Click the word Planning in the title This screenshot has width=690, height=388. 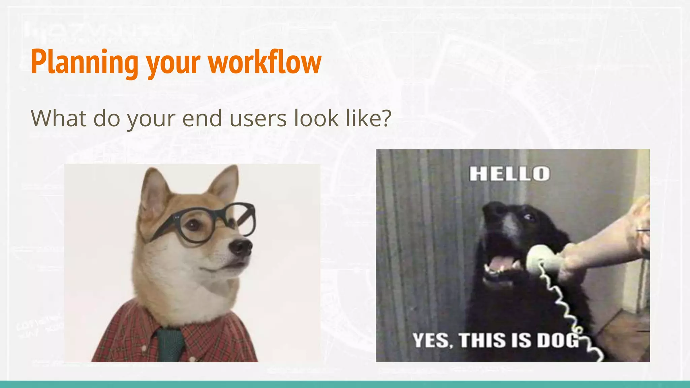[85, 62]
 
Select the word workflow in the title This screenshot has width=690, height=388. [265, 62]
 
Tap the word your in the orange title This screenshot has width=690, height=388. [173, 64]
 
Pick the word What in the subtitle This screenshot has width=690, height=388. [59, 118]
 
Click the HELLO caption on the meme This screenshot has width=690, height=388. [510, 174]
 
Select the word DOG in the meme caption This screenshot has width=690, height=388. [558, 340]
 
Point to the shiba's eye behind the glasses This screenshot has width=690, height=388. [193, 225]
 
